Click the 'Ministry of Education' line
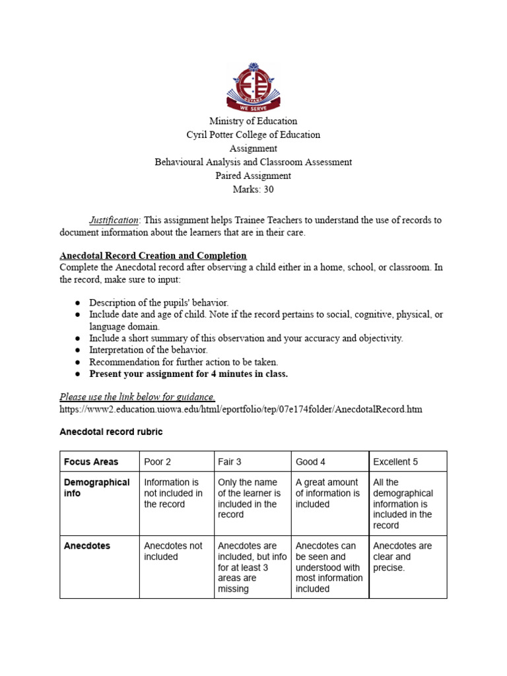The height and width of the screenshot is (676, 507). click(x=253, y=121)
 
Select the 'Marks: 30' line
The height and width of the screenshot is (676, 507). click(x=253, y=189)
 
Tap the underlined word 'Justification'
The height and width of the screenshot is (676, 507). click(x=114, y=220)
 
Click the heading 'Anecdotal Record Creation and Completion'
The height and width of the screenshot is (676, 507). click(x=153, y=255)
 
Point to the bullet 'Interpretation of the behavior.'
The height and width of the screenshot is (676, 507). click(x=149, y=350)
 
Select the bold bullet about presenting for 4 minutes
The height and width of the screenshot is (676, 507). click(x=189, y=374)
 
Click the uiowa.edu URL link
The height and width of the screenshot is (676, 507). click(x=241, y=409)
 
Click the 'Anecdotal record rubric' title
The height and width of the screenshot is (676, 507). click(x=111, y=432)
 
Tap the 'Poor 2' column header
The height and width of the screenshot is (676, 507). click(x=158, y=461)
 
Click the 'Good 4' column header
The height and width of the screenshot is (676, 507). click(x=310, y=461)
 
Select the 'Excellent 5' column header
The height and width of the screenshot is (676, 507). click(x=395, y=461)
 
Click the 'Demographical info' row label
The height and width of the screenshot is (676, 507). click(x=96, y=488)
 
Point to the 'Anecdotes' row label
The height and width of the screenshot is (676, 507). click(x=87, y=546)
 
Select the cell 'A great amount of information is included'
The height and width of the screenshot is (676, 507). click(x=327, y=493)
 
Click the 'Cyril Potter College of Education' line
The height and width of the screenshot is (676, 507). click(x=253, y=135)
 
